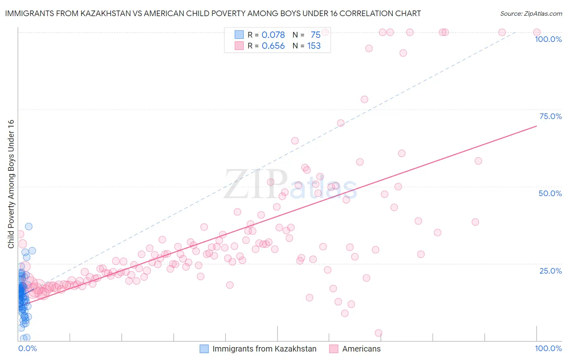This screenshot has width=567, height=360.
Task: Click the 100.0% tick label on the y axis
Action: tap(548, 39)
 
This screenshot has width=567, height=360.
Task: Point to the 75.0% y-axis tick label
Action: tap(550, 116)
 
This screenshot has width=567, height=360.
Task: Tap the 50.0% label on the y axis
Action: tap(550, 193)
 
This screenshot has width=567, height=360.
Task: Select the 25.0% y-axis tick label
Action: tap(550, 271)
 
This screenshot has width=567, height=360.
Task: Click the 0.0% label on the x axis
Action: tap(27, 348)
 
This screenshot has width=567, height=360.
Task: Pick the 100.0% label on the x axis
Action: tap(548, 348)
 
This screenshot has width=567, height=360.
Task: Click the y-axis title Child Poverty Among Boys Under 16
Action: tap(11, 184)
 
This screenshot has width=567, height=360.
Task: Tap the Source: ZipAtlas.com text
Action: tap(531, 13)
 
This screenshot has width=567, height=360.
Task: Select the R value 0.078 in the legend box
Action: tap(273, 35)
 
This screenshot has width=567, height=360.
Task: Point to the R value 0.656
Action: tap(273, 46)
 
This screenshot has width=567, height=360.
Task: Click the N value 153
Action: tap(314, 46)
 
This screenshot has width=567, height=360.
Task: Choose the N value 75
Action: tap(315, 35)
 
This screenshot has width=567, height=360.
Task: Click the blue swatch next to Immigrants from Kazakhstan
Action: tap(204, 349)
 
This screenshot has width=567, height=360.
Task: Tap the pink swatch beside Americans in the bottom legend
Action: tap(334, 349)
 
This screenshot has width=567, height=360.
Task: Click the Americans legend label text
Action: tap(361, 349)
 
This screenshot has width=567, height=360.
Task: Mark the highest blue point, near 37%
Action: tap(29, 226)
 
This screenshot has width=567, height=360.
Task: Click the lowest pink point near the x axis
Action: tap(378, 333)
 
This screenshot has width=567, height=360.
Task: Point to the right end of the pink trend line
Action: tap(536, 126)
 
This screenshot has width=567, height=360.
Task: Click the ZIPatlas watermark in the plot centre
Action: tap(290, 184)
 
